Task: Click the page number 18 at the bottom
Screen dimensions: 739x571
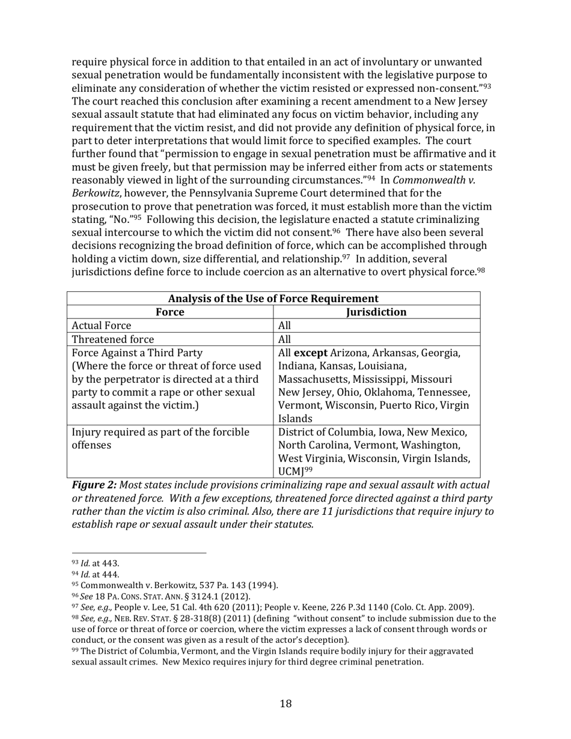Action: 285,704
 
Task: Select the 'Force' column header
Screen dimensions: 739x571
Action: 169,312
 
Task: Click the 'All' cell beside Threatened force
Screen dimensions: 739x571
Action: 285,339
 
